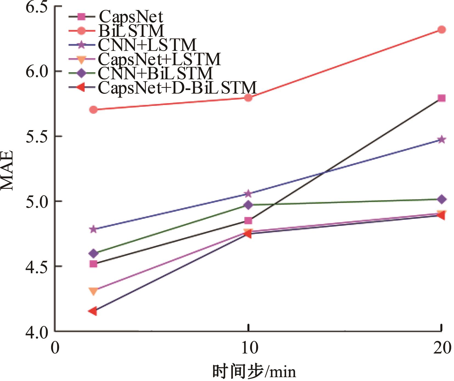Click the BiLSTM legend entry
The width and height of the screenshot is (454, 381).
pyautogui.click(x=131, y=31)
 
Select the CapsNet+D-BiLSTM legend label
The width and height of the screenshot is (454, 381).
pyautogui.click(x=177, y=88)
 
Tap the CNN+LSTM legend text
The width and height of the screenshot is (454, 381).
pyautogui.click(x=147, y=45)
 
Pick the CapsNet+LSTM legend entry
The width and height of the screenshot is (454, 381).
pyautogui.click(x=159, y=59)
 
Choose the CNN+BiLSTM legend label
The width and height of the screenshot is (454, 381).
pyautogui.click(x=155, y=73)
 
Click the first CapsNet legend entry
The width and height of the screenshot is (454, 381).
pyautogui.click(x=131, y=16)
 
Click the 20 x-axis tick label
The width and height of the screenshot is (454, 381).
pyautogui.click(x=441, y=348)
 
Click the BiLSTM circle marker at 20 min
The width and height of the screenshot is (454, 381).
pyautogui.click(x=441, y=30)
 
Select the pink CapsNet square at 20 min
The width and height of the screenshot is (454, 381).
pyautogui.click(x=441, y=98)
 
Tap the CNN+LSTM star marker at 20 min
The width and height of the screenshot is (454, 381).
pyautogui.click(x=441, y=139)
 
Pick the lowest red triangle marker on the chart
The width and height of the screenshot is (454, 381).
pyautogui.click(x=93, y=311)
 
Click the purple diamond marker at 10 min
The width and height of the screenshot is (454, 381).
pyautogui.click(x=248, y=205)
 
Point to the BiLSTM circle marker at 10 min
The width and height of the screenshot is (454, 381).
pyautogui.click(x=248, y=98)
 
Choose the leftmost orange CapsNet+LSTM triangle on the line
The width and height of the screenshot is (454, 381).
pyautogui.click(x=94, y=291)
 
